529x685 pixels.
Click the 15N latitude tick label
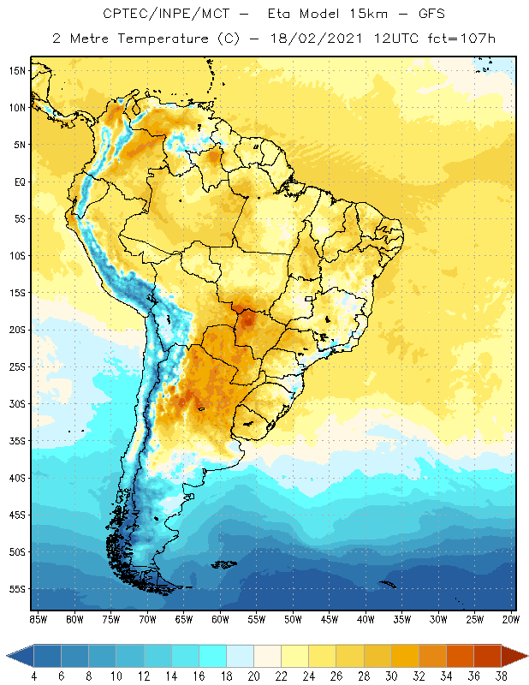18,70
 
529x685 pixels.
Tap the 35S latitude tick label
18,441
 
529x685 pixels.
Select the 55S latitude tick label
18,589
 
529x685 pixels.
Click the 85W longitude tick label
38,619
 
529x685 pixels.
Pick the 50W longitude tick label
294,619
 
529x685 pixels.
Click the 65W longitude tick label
184,619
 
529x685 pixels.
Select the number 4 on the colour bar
33,676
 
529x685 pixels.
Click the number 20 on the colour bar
253,676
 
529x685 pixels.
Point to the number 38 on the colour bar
502,676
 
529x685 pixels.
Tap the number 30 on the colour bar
391,676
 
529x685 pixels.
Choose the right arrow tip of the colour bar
525,656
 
